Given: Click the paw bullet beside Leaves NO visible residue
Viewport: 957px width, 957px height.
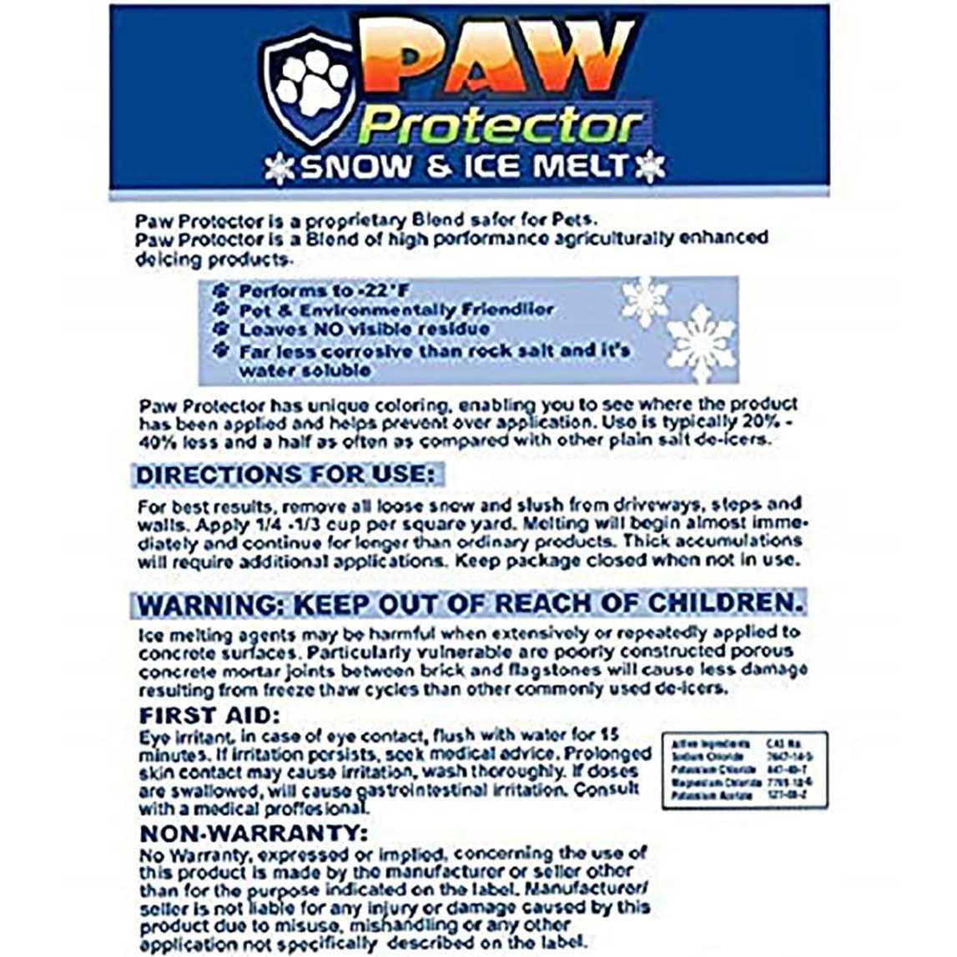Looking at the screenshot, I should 221,330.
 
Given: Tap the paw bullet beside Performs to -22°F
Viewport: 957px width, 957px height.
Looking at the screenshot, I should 221,291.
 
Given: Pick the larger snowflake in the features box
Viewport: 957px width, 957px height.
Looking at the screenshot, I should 702,342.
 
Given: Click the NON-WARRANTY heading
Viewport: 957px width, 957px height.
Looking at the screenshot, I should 253,833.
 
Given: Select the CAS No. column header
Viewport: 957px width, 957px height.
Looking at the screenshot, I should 783,743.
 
